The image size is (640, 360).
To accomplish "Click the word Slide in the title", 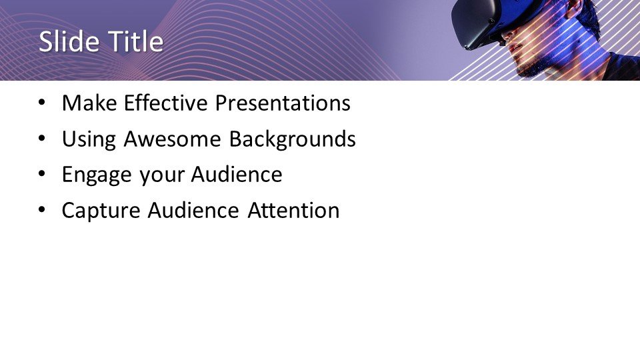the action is click(x=69, y=41).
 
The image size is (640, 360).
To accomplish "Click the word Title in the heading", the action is click(x=136, y=41).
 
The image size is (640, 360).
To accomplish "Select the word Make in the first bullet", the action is click(x=89, y=103).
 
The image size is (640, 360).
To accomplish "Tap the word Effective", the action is click(x=166, y=103).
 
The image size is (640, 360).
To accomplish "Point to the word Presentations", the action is click(x=283, y=103).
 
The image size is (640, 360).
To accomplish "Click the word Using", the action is click(x=89, y=139).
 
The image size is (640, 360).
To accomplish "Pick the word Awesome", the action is click(x=172, y=139).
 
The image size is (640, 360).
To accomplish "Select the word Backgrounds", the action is click(x=292, y=139).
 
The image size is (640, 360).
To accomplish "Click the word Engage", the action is click(x=97, y=175).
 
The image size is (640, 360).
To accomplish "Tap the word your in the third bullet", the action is click(x=161, y=176).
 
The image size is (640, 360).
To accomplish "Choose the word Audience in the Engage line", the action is click(x=236, y=174).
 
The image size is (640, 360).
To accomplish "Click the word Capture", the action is click(x=101, y=211).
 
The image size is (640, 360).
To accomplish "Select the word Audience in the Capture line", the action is click(x=193, y=210).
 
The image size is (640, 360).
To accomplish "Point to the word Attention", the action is click(x=293, y=210).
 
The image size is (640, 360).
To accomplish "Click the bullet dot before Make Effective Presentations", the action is click(x=41, y=103).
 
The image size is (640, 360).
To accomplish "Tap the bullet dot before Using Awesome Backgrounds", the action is click(x=41, y=139).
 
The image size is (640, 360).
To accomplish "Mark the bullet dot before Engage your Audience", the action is click(x=41, y=174).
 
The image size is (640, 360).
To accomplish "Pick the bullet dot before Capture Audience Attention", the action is click(x=41, y=210).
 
